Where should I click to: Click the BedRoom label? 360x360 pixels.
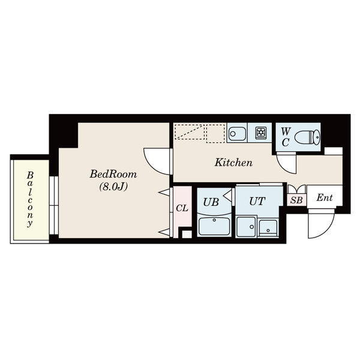pyautogui.click(x=113, y=174)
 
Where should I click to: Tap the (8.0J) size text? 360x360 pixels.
pyautogui.click(x=113, y=187)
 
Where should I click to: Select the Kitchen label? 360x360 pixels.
pyautogui.click(x=233, y=163)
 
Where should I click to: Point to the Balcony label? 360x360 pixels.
pyautogui.click(x=30, y=199)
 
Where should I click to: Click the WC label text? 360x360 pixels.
pyautogui.click(x=285, y=137)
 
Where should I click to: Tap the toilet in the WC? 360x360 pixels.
pyautogui.click(x=307, y=137)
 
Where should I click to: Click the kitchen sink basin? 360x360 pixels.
pyautogui.click(x=237, y=134)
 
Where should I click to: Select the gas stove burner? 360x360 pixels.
pyautogui.click(x=261, y=133)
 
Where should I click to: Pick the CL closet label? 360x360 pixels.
pyautogui.click(x=182, y=208)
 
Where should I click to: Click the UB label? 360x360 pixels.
pyautogui.click(x=211, y=202)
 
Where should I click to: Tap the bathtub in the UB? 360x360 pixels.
pyautogui.click(x=214, y=226)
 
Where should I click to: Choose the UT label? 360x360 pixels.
pyautogui.click(x=257, y=202)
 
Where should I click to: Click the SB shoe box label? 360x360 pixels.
pyautogui.click(x=296, y=200)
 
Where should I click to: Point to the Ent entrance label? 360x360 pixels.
pyautogui.click(x=324, y=197)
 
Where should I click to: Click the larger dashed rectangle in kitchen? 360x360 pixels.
pyautogui.click(x=190, y=132)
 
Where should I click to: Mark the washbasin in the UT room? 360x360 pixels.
pyautogui.click(x=268, y=228)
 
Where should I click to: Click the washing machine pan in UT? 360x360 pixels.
pyautogui.click(x=246, y=227)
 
